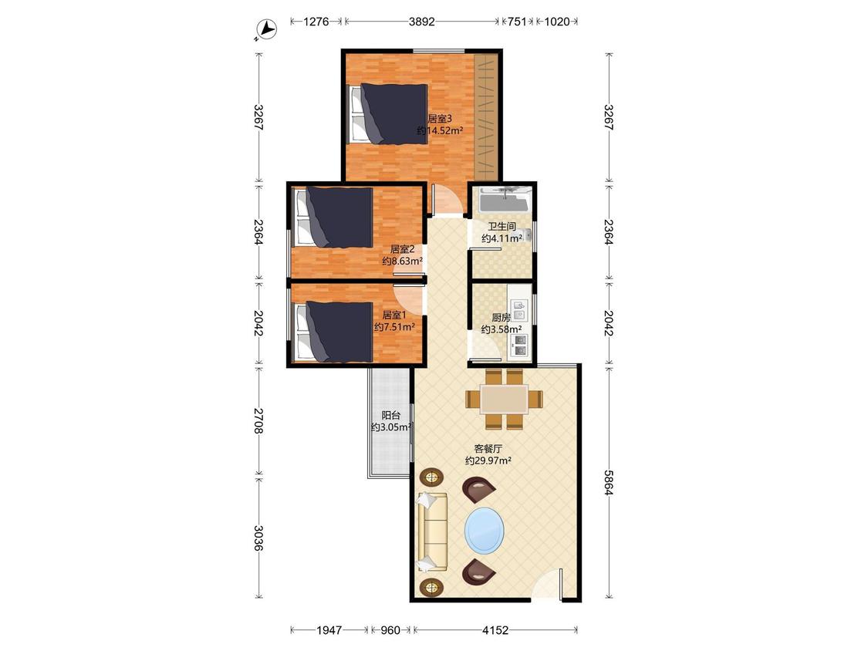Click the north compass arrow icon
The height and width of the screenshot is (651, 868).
point(268,29)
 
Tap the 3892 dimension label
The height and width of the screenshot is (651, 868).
point(422,22)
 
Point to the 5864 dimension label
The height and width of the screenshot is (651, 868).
point(609,483)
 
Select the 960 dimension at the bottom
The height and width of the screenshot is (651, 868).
point(390,630)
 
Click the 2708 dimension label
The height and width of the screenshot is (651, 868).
point(258,420)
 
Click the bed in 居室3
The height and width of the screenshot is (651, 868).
point(388,114)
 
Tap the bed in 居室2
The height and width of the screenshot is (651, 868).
point(334,218)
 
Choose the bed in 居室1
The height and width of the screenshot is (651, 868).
point(334,331)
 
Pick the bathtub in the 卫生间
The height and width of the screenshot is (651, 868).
point(505,200)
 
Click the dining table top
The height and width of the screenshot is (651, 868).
point(504,399)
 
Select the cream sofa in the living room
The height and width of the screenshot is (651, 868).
point(432,531)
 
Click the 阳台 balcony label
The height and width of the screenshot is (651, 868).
point(391,415)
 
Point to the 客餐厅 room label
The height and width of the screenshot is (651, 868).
point(488,448)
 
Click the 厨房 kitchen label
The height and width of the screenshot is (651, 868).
point(501,318)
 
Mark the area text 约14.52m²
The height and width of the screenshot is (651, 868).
point(440,130)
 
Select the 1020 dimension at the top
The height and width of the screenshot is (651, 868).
point(557,22)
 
